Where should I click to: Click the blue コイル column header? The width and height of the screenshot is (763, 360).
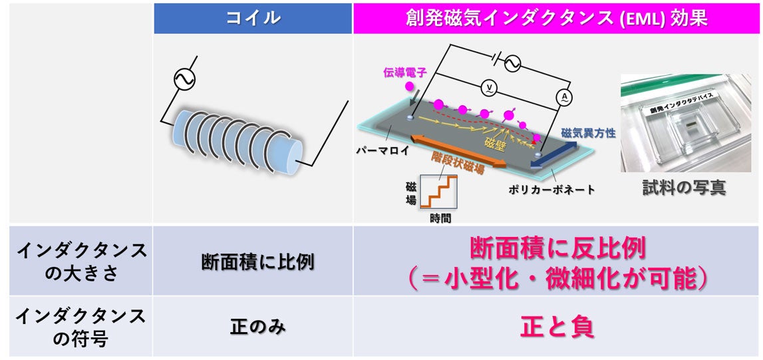pyautogui.click(x=253, y=18)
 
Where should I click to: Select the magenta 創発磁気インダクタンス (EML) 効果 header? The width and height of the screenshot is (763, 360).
pyautogui.click(x=557, y=18)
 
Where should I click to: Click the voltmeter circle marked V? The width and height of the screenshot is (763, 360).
pyautogui.click(x=488, y=87)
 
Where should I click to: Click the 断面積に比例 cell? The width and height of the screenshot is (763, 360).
pyautogui.click(x=253, y=262)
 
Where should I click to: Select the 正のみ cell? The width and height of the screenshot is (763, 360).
pyautogui.click(x=253, y=327)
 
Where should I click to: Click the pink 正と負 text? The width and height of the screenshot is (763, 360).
pyautogui.click(x=557, y=327)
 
